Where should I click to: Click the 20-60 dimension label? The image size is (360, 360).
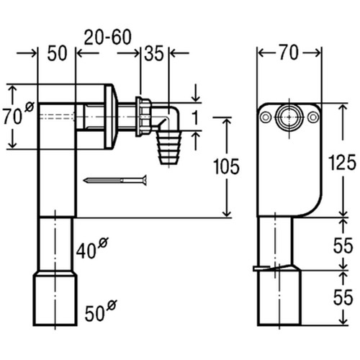[107, 37]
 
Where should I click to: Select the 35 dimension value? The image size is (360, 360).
[154, 53]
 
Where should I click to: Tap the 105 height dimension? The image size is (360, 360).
[226, 166]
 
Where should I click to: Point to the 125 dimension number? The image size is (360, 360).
[343, 163]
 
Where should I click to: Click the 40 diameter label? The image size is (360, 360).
[92, 248]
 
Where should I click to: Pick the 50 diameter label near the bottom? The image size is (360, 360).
[101, 311]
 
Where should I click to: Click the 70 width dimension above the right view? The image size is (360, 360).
[289, 53]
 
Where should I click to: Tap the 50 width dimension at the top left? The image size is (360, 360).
[57, 53]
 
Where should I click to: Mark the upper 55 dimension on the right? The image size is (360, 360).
[343, 246]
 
